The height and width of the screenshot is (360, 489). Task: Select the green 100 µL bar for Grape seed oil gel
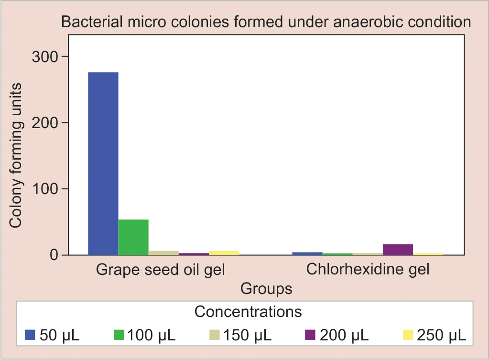click(133, 237)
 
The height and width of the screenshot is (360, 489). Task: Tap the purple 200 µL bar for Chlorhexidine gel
click(398, 250)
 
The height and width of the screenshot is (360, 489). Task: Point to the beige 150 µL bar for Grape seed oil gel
click(163, 252)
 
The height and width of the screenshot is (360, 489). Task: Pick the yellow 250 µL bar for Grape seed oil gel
click(224, 252)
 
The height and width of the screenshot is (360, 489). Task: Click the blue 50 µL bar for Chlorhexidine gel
click(307, 253)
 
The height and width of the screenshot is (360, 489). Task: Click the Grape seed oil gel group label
click(161, 270)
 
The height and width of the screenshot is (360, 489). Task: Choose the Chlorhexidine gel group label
click(368, 269)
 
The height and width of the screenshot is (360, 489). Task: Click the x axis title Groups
click(266, 288)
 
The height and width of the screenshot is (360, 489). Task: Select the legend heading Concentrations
click(248, 312)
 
